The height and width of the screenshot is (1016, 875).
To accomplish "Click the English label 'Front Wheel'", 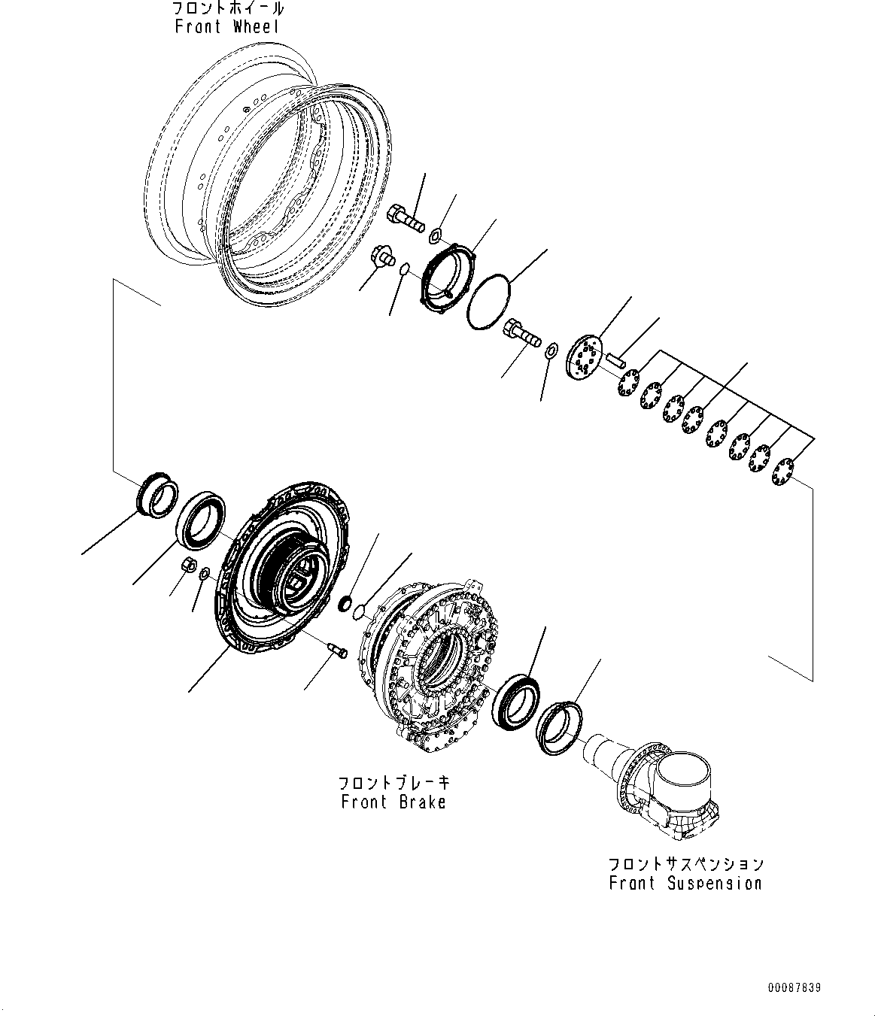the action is (x=226, y=27).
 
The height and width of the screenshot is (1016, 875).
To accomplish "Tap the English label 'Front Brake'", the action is (x=393, y=802).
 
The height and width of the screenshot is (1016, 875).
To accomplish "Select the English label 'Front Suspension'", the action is (x=685, y=883).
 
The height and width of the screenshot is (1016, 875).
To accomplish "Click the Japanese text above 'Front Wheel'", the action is (x=228, y=9).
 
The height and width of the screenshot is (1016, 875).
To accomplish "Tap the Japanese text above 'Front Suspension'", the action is (x=685, y=863).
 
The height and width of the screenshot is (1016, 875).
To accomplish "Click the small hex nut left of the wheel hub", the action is (x=189, y=566).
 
